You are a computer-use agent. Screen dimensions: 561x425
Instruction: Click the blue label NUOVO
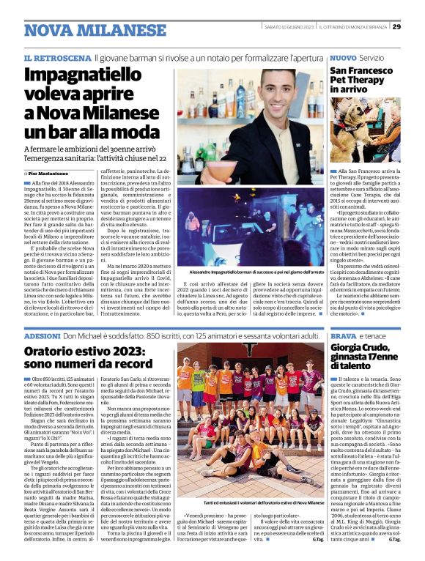click(343, 57)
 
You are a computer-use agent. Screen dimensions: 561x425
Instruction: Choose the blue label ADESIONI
click(42, 335)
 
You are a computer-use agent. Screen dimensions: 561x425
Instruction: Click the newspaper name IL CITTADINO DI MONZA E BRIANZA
click(351, 27)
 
